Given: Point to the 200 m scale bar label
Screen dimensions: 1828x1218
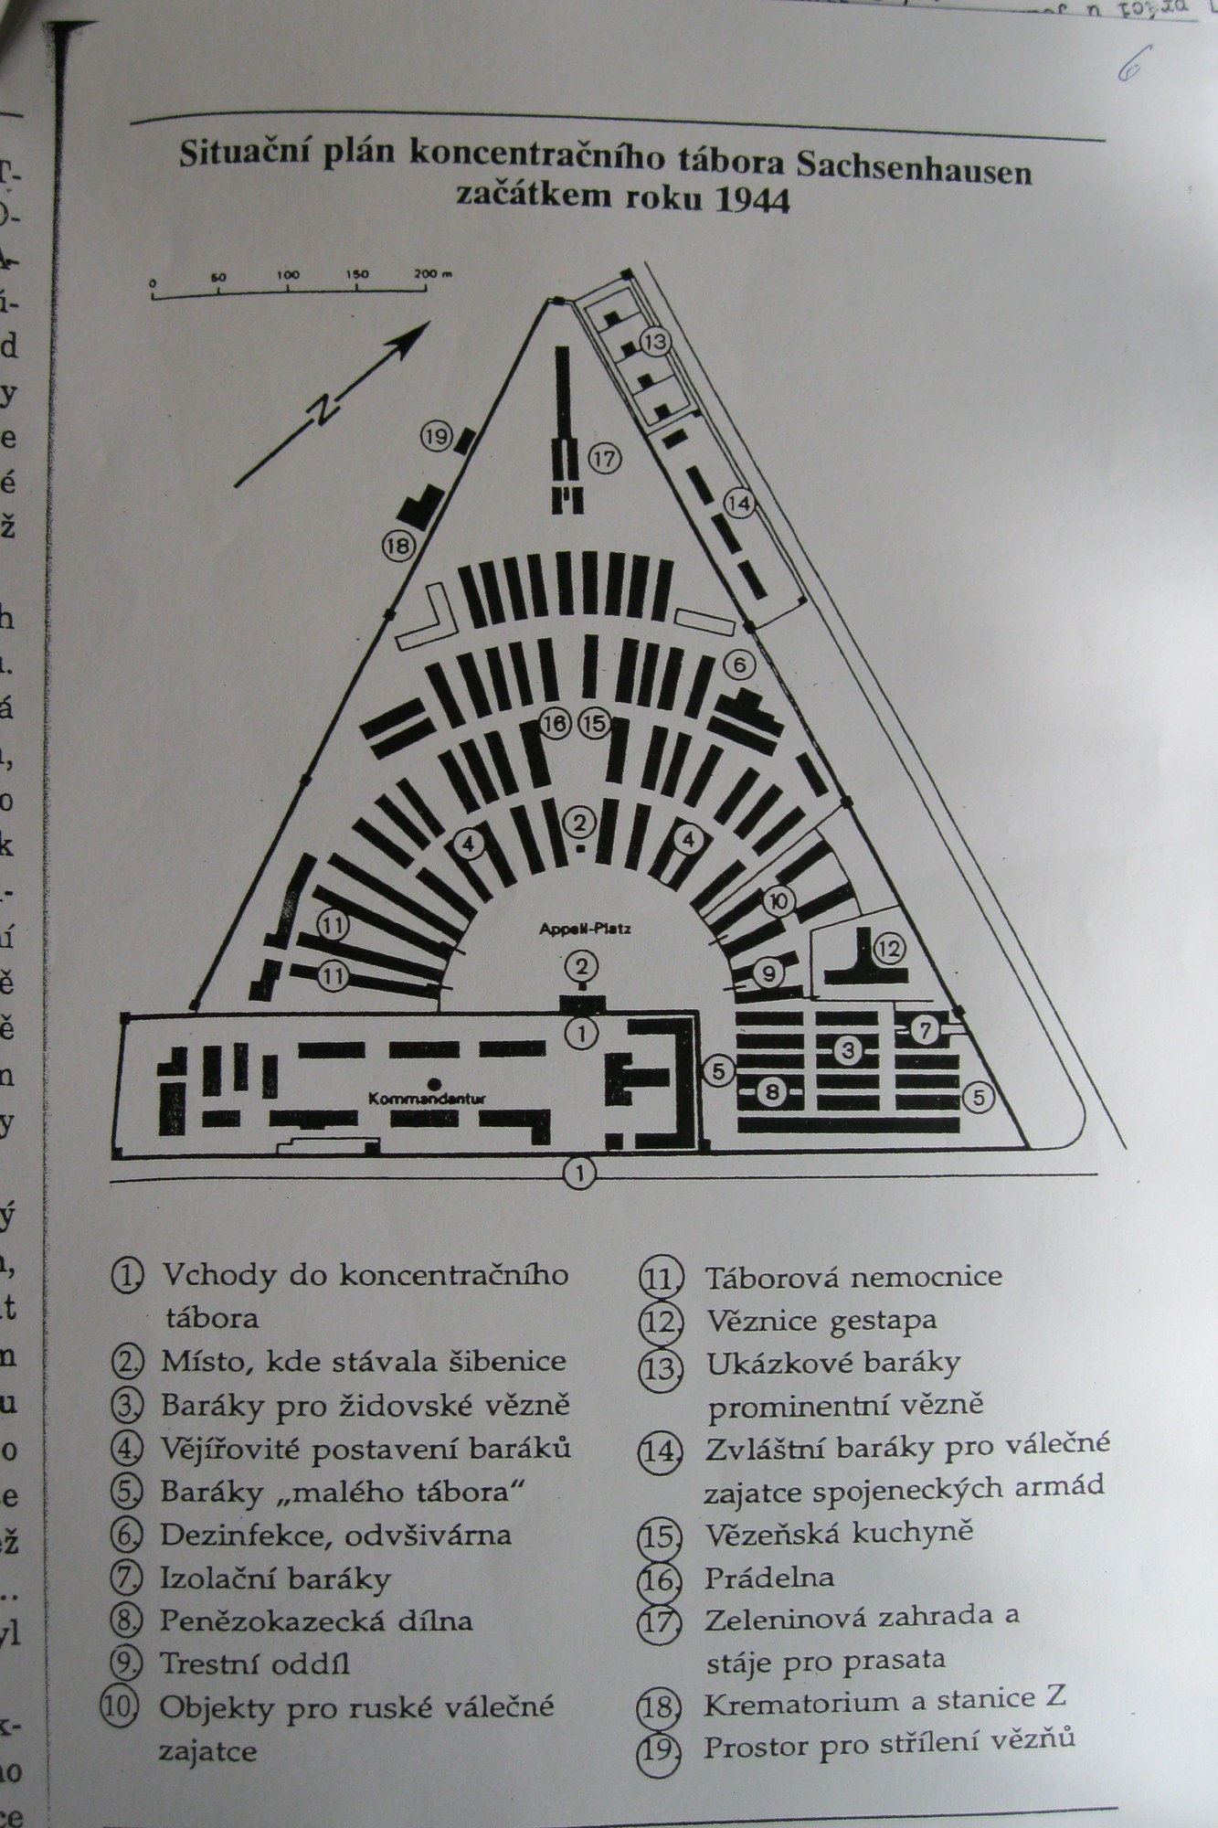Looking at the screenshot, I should (430, 274).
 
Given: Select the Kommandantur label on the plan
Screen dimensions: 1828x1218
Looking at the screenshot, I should (425, 1100).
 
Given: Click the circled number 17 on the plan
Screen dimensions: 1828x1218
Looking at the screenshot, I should (604, 458).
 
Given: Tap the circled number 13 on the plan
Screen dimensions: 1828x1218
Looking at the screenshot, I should (655, 342).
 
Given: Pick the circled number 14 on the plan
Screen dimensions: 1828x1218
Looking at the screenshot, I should (740, 503).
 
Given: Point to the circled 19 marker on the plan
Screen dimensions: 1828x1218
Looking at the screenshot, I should (437, 437).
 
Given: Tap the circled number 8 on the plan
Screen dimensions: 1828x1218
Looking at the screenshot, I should (772, 1090).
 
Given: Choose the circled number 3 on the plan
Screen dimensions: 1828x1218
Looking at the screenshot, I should (849, 1050).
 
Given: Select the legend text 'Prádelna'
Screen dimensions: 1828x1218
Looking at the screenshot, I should (768, 1578).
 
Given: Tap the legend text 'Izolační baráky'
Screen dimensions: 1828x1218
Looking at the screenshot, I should (275, 1578).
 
